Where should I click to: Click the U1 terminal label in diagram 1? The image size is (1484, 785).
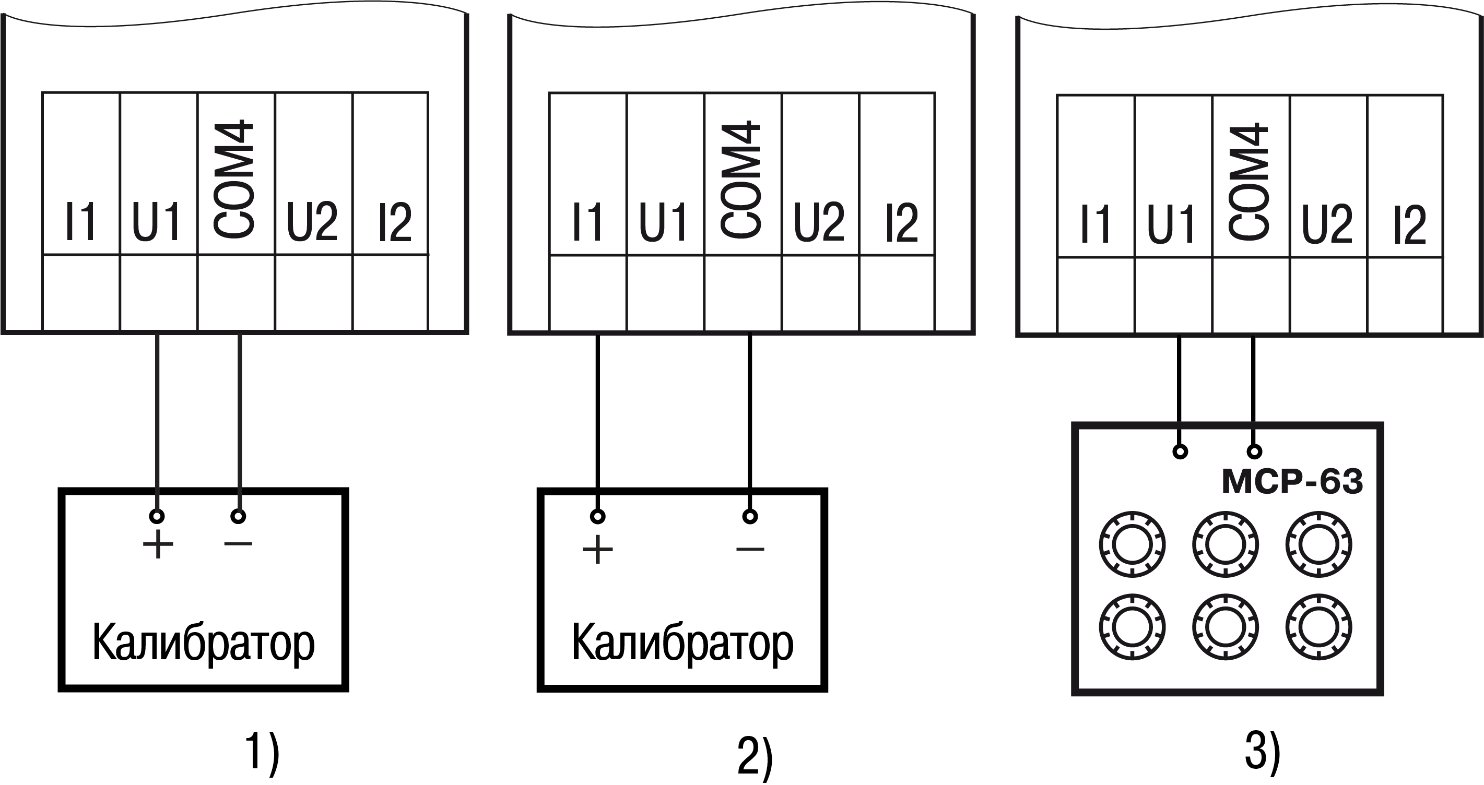157,222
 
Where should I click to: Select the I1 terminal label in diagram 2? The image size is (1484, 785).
587,222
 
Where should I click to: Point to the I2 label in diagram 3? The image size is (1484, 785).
1409,224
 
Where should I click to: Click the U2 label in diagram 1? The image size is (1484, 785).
312,222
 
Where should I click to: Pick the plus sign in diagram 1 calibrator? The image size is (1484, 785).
158,544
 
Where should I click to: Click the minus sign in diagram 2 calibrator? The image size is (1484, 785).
750,550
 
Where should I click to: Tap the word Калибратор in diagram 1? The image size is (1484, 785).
203,643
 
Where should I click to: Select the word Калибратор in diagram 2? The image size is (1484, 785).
682,643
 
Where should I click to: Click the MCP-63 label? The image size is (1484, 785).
1292,481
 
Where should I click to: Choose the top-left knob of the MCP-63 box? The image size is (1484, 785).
1132,544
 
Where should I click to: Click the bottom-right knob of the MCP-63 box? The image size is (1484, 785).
1318,627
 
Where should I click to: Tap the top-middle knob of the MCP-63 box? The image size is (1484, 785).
1226,544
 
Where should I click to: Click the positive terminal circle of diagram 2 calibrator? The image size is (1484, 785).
598,516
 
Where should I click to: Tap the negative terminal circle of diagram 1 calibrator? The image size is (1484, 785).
239,516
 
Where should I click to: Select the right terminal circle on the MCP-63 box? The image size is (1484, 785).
1254,451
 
